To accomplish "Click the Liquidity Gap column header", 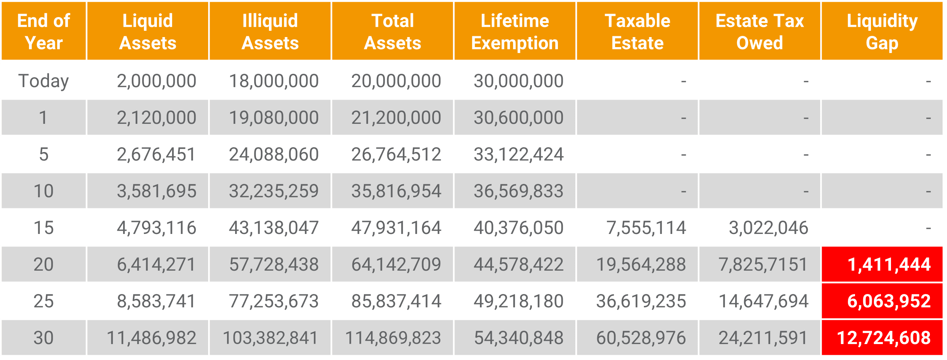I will click(x=882, y=32).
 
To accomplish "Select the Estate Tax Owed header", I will click(x=759, y=32).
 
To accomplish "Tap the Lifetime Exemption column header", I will click(x=514, y=32).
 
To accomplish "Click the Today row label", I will click(x=44, y=81).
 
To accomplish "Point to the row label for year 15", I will click(x=44, y=228).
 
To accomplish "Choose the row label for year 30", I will click(x=44, y=338).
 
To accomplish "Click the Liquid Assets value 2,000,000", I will click(x=157, y=81).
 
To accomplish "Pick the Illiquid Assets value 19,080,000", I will click(x=274, y=118).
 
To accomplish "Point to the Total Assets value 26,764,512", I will click(x=396, y=154).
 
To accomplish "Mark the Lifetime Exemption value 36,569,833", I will click(x=519, y=191).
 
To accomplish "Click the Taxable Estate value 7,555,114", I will click(x=646, y=228).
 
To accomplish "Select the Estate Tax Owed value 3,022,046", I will click(x=769, y=228).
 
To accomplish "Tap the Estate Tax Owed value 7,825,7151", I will click(x=763, y=264).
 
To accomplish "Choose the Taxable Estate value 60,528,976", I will click(x=641, y=338).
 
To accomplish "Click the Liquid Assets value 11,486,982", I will click(x=151, y=338).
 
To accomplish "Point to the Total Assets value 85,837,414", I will click(x=396, y=301).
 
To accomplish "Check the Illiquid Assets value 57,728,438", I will click(x=274, y=264).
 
